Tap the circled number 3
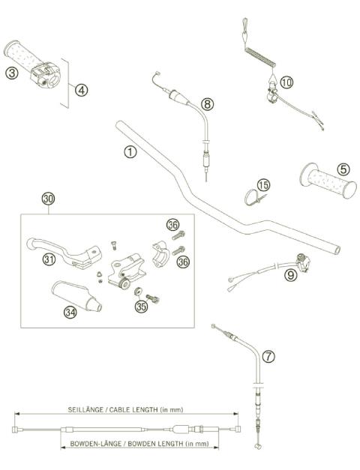pos(10,73)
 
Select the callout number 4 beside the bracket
pos(81,88)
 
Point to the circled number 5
pos(341,169)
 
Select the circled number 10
pos(288,80)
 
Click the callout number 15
pos(262,184)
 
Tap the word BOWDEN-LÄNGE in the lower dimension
pos(95,444)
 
